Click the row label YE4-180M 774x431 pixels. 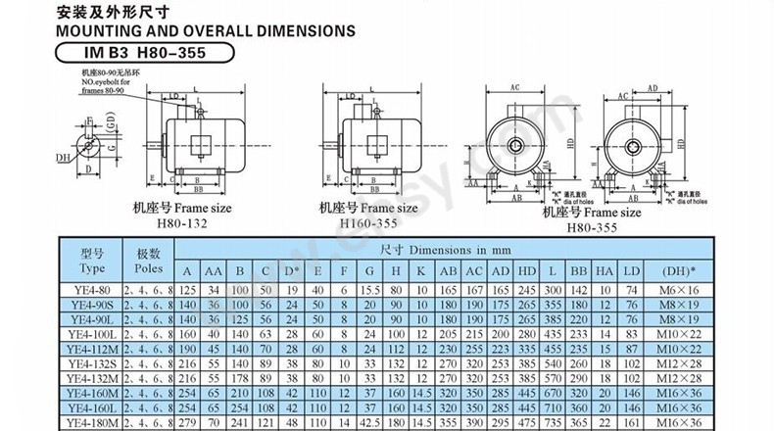[x=92, y=423]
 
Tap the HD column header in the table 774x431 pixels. [x=527, y=271]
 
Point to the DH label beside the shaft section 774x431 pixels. [x=62, y=157]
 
